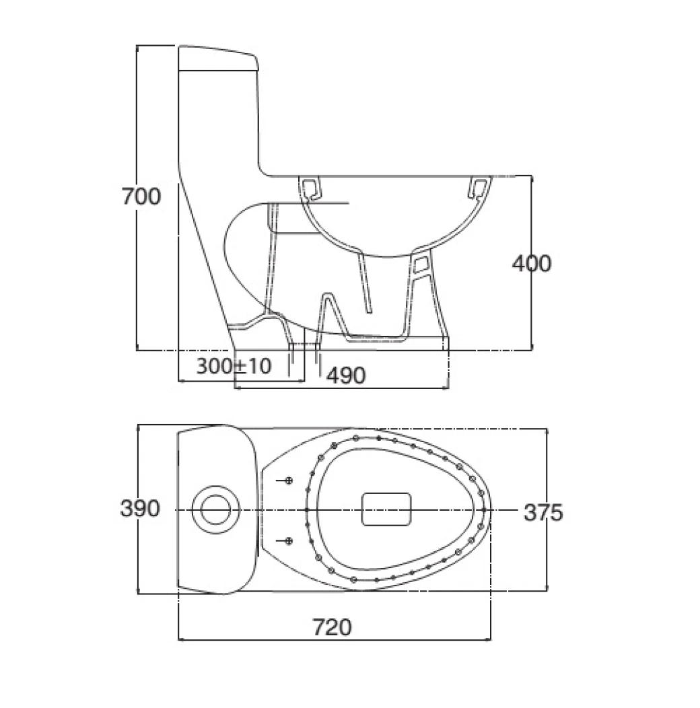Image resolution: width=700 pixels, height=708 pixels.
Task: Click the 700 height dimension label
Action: [141, 197]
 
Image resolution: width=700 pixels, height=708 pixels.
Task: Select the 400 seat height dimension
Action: [532, 263]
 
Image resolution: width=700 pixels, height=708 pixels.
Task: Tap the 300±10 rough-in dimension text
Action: [233, 366]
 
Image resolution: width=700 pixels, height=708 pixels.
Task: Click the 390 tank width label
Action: [140, 509]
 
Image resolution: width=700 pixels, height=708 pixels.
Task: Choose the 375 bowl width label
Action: [542, 512]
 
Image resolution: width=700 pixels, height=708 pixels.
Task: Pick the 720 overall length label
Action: [332, 627]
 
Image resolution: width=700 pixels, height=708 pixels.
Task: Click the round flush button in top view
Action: [215, 509]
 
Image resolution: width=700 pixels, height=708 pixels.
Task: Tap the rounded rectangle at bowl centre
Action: [386, 509]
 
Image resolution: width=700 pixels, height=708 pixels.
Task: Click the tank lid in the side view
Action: [218, 59]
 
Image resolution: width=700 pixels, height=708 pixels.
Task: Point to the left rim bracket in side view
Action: [310, 188]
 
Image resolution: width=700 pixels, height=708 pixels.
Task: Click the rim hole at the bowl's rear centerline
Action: [306, 510]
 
